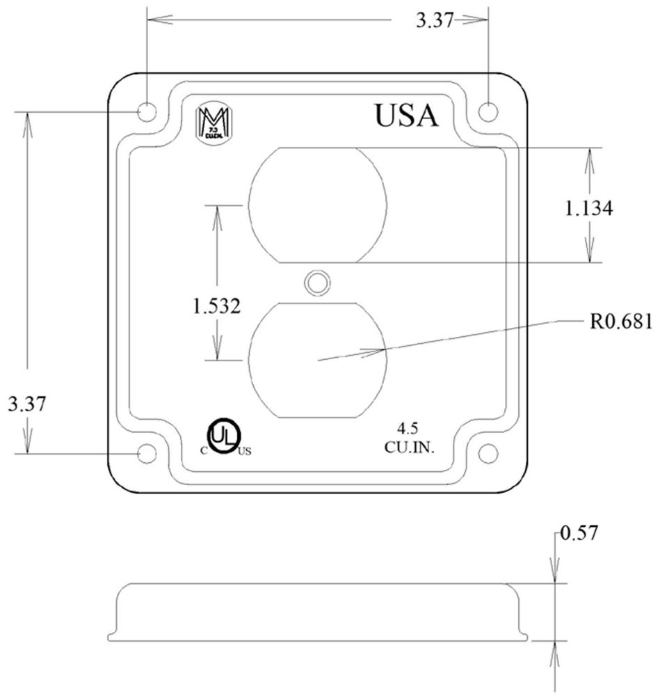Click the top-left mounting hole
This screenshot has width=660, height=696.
click(x=147, y=111)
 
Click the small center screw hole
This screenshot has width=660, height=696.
click(x=317, y=282)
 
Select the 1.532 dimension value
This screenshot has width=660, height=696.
click(x=217, y=306)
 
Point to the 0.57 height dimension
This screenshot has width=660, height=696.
click(x=579, y=534)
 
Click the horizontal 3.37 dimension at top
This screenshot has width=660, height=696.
click(x=434, y=21)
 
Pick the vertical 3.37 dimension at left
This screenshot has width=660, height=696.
click(x=26, y=404)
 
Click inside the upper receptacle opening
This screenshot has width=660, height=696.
click(x=317, y=205)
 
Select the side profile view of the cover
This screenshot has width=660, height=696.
click(x=317, y=612)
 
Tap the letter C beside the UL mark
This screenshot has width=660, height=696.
click(x=204, y=450)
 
